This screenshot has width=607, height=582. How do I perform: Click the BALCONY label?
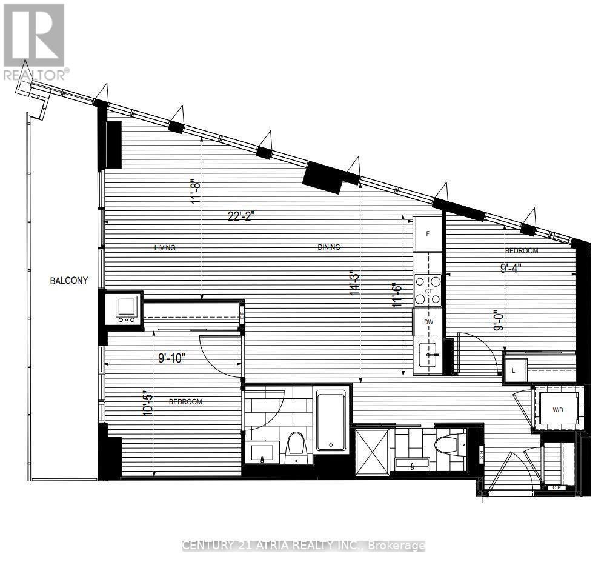tap(69, 281)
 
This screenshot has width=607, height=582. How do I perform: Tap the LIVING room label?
tap(165, 247)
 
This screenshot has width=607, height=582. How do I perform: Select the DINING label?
tap(329, 247)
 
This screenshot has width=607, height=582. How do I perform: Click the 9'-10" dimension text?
tap(168, 358)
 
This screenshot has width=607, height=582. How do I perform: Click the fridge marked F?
tap(429, 233)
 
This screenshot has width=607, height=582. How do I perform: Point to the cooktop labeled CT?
tap(429, 291)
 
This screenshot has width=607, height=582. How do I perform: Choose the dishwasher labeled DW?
tap(428, 322)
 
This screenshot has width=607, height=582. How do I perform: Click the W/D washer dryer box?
tap(558, 410)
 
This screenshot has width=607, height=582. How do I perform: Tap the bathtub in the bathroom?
tap(331, 419)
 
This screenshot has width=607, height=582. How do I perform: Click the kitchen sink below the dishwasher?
tap(430, 353)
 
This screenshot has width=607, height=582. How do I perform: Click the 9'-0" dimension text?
tap(499, 319)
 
